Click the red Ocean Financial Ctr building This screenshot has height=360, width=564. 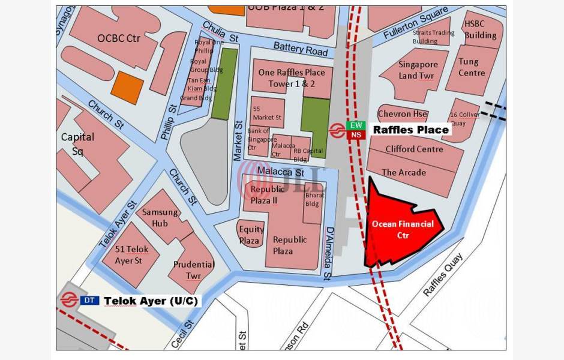pos(399,228)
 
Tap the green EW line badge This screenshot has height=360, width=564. pos(356,125)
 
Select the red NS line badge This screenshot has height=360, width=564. pos(356,135)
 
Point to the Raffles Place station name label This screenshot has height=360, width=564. pos(411,130)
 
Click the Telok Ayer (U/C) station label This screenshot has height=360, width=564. pos(151,301)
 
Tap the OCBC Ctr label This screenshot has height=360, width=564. pos(119,38)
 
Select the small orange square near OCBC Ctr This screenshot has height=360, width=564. pos(127,86)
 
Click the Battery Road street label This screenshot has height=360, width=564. pos(301,49)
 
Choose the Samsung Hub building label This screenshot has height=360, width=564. pos(160,217)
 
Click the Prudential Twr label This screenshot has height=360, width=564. pos(194,269)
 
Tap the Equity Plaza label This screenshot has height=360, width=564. pos(251,235)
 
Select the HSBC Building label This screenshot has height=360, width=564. pos(480,29)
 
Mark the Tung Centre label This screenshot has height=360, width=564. pos(472,67)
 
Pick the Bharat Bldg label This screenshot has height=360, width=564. pos(313,199)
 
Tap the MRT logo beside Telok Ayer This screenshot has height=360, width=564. pos(69,300)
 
